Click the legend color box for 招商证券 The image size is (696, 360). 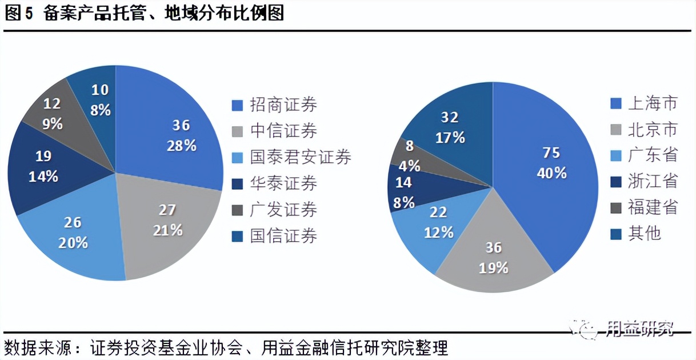pyautogui.click(x=237, y=106)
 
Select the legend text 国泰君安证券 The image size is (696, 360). pyautogui.click(x=301, y=157)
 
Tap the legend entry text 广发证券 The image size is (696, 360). pyautogui.click(x=283, y=210)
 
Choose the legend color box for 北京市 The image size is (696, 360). pyautogui.click(x=615, y=130)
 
